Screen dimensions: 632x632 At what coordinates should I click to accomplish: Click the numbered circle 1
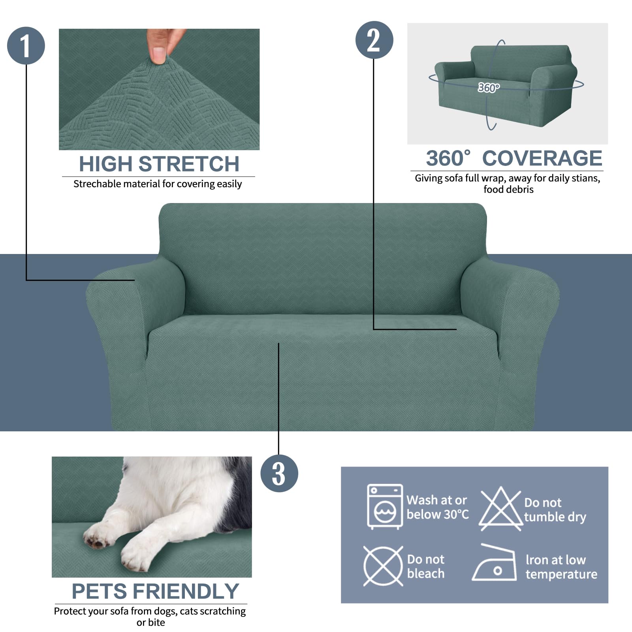pos(26,46)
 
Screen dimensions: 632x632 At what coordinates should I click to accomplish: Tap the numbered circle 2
pos(374,40)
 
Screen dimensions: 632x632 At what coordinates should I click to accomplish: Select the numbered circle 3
pos(279,473)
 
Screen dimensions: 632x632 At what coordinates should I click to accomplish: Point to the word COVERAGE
pos(542,158)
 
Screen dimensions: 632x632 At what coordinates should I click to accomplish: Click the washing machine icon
pos(385,506)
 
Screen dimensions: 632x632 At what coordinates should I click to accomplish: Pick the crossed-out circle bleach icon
pos(383,566)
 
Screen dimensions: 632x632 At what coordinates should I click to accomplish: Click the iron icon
pos(495,564)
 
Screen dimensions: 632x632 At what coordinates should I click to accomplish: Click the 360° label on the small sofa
pos(489,87)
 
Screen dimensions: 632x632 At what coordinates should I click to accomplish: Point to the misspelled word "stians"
pos(587,179)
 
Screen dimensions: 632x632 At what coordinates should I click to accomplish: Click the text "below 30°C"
pos(438,515)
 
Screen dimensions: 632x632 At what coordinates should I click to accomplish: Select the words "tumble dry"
pos(555,517)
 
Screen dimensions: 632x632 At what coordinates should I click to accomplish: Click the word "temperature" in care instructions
pos(561,574)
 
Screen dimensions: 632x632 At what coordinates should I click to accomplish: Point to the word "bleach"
pos(426,574)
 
